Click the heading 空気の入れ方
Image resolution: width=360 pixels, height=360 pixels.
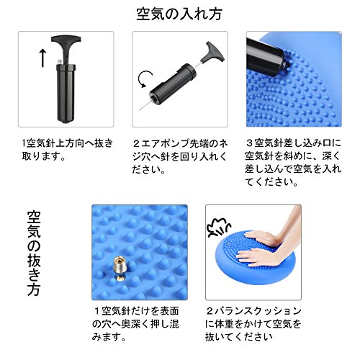click(179, 14)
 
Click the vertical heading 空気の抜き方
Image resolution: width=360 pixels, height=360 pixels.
click(34, 253)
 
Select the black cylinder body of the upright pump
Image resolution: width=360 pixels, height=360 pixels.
click(66, 93)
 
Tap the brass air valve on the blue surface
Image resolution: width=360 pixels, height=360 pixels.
click(120, 268)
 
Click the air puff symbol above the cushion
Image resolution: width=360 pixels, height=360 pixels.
click(218, 228)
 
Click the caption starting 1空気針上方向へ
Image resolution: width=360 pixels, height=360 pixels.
click(67, 150)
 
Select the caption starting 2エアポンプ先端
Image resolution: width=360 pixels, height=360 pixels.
click(180, 156)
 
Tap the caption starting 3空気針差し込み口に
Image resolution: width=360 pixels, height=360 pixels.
click(293, 163)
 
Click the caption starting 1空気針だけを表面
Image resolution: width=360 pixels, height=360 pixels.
click(135, 324)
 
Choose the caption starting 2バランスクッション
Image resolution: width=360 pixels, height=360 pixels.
click(253, 324)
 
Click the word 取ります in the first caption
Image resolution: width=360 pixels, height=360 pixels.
click(40, 156)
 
